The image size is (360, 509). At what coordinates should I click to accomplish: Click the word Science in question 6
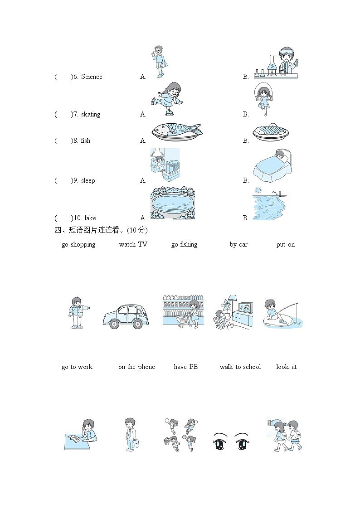[x=92, y=77]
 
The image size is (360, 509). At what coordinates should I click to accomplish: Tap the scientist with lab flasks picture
[x=276, y=63]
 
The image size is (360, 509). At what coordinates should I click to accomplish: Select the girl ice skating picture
[x=167, y=98]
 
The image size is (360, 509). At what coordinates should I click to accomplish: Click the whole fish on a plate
[x=176, y=131]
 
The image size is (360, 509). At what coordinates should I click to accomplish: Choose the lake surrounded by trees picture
[x=173, y=203]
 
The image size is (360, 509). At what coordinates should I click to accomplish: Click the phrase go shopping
[x=78, y=245]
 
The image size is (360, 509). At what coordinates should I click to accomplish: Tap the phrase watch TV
[x=133, y=244]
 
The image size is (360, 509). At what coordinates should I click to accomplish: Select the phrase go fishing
[x=185, y=245]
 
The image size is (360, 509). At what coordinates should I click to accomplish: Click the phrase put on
[x=286, y=245]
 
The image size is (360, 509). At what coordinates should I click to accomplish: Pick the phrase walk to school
[x=240, y=367]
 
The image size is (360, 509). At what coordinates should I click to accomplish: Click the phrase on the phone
[x=136, y=367]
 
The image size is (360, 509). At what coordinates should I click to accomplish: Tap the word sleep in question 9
[x=88, y=180]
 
